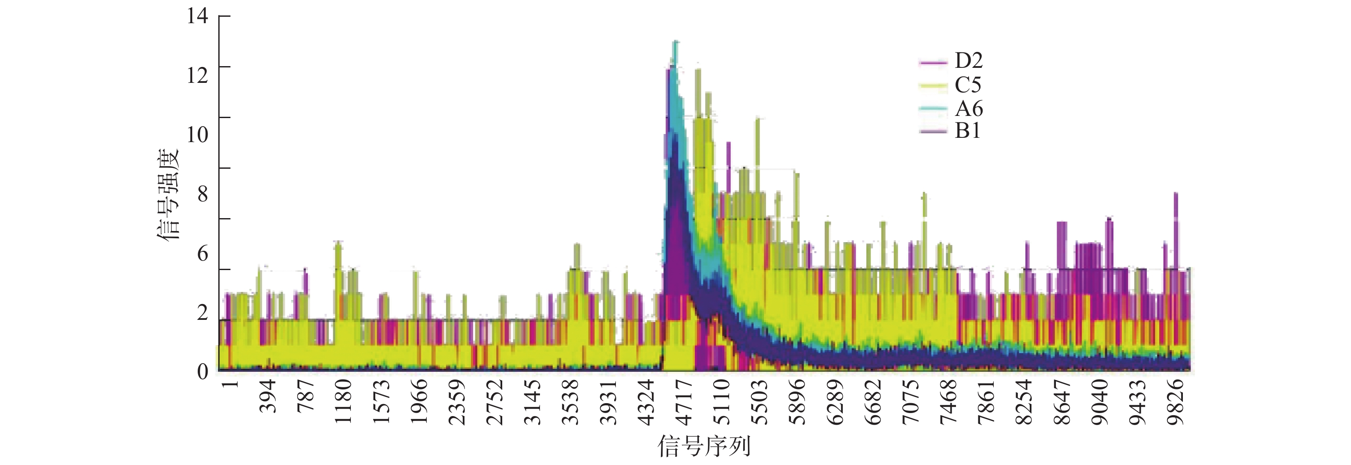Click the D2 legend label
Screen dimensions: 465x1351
968,61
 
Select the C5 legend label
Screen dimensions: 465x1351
968,85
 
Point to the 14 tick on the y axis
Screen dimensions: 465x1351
197,16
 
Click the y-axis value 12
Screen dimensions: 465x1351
197,75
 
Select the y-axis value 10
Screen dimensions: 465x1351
197,134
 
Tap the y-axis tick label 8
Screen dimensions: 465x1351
202,194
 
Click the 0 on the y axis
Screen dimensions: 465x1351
202,371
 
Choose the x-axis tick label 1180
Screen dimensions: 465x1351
344,402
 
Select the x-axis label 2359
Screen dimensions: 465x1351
457,402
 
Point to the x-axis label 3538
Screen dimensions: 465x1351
570,402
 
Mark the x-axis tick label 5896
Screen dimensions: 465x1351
798,402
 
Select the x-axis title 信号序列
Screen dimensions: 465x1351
704,446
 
